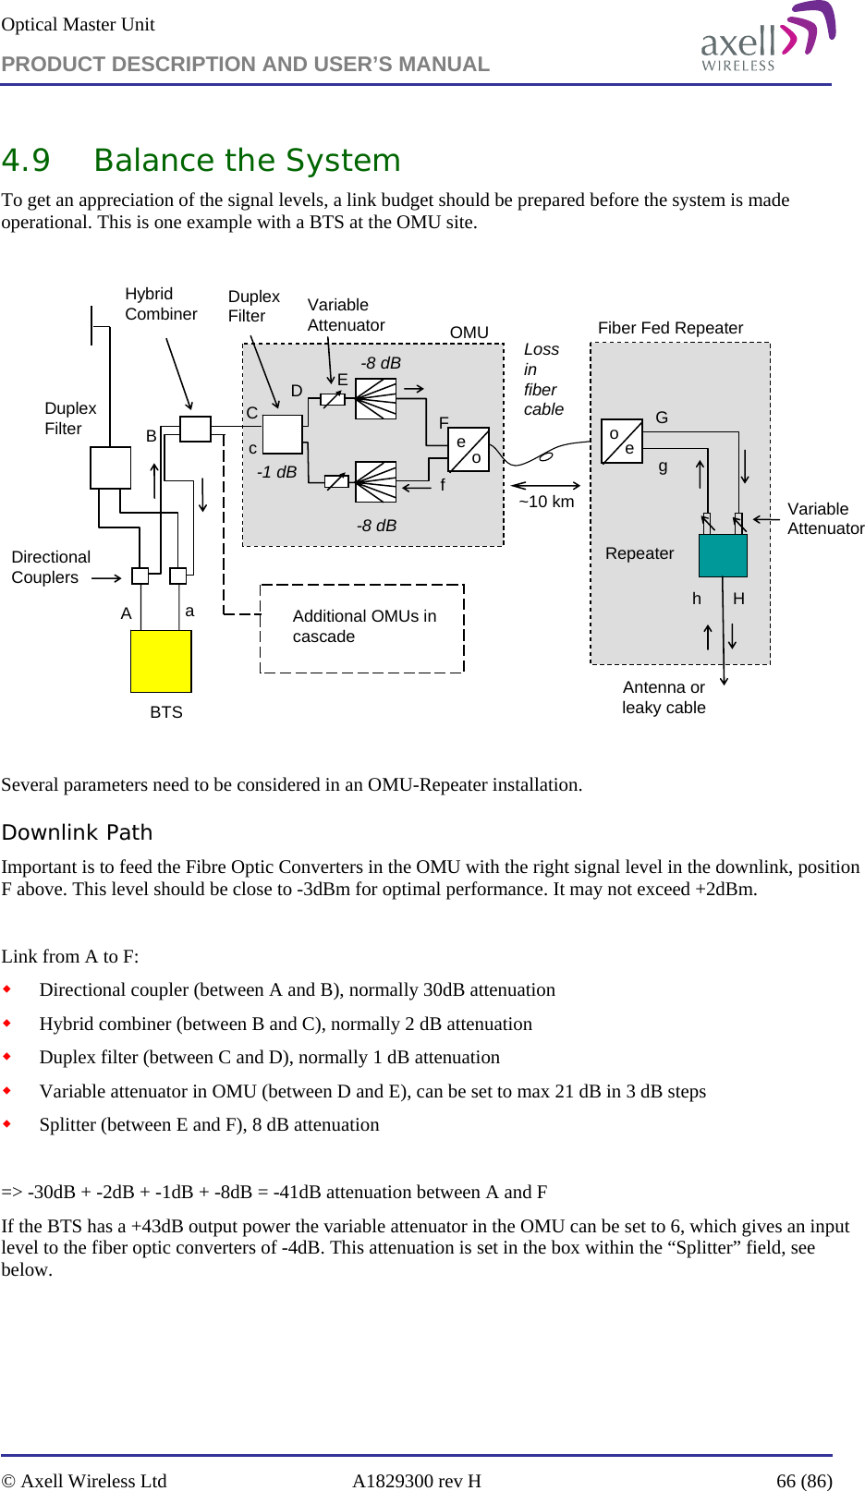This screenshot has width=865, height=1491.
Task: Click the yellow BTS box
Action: pos(161,661)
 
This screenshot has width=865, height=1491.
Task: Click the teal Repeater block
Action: pos(723,555)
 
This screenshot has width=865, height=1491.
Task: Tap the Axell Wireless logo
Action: pos(766,39)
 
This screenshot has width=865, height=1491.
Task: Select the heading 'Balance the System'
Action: pos(247,161)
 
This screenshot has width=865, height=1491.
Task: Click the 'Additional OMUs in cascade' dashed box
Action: pos(362,627)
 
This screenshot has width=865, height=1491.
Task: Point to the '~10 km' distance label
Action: pos(546,502)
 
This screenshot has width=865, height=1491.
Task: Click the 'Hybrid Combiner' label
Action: pos(161,304)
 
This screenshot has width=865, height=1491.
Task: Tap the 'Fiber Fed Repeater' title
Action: pos(670,328)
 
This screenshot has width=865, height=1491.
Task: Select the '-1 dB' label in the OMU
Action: pos(276,472)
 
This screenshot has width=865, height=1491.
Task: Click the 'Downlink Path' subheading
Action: pos(77,832)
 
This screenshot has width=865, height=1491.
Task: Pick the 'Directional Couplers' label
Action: pos(51,567)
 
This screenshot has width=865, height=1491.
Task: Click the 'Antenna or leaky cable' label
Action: pos(664,697)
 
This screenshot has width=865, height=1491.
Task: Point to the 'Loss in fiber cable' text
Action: pos(542,379)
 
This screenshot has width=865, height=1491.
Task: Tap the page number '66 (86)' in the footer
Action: pos(803,1481)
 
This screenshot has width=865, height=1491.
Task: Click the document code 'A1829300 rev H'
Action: pos(416,1481)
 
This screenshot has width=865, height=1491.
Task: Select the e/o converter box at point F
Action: pos(469,449)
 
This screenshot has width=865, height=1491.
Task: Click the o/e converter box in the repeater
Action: pos(622,441)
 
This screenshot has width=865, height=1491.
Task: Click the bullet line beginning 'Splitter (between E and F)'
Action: pos(209,1124)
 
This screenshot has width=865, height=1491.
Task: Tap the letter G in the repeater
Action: pos(662,418)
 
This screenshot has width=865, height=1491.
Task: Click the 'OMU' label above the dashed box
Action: pos(469,333)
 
